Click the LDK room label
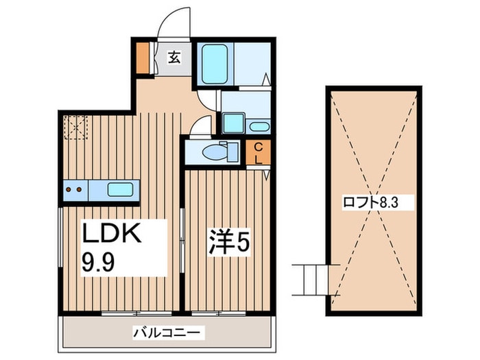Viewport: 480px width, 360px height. (112, 235)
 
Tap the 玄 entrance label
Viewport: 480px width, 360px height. (173, 58)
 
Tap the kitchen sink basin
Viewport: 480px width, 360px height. (120, 189)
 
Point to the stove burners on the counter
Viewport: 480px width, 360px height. (75, 189)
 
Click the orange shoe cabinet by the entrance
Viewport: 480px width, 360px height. (143, 58)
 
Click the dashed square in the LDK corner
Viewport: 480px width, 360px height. (75, 127)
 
